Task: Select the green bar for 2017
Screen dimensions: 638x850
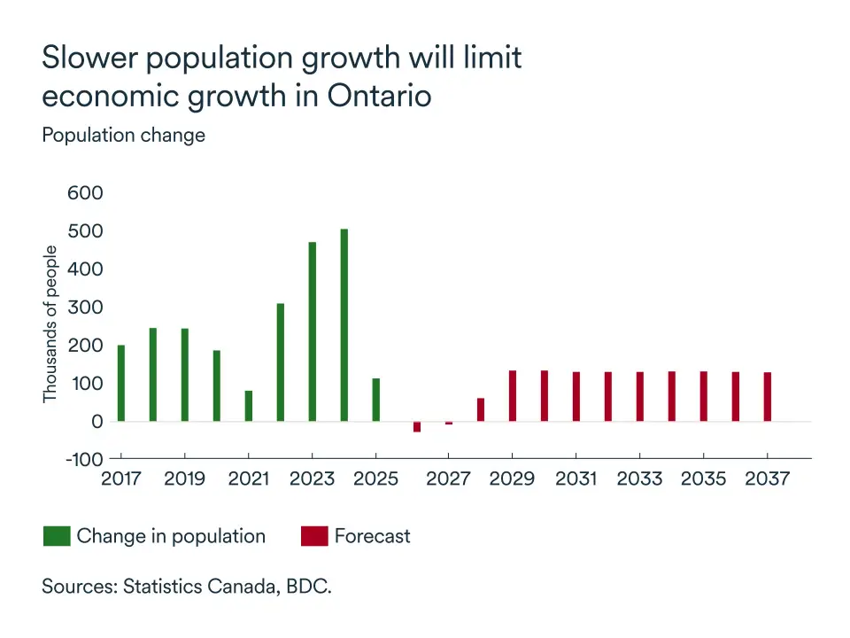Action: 121,383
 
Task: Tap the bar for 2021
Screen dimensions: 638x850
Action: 249,406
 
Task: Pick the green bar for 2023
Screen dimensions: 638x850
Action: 313,331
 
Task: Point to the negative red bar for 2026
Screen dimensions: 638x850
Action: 417,426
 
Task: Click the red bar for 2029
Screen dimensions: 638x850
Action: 513,396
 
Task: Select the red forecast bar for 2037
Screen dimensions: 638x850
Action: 768,397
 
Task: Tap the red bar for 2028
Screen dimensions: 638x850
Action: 481,409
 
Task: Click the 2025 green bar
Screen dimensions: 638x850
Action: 376,400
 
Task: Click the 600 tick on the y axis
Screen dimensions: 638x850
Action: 86,193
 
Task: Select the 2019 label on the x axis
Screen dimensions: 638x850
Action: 185,479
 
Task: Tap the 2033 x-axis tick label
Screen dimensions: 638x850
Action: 639,479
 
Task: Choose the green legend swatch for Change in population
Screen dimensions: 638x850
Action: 57,536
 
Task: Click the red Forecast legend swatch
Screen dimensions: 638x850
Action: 314,536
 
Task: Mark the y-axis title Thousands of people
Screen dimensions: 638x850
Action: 50,323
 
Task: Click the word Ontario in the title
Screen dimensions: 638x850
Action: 379,95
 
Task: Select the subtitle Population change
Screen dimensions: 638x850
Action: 123,136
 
